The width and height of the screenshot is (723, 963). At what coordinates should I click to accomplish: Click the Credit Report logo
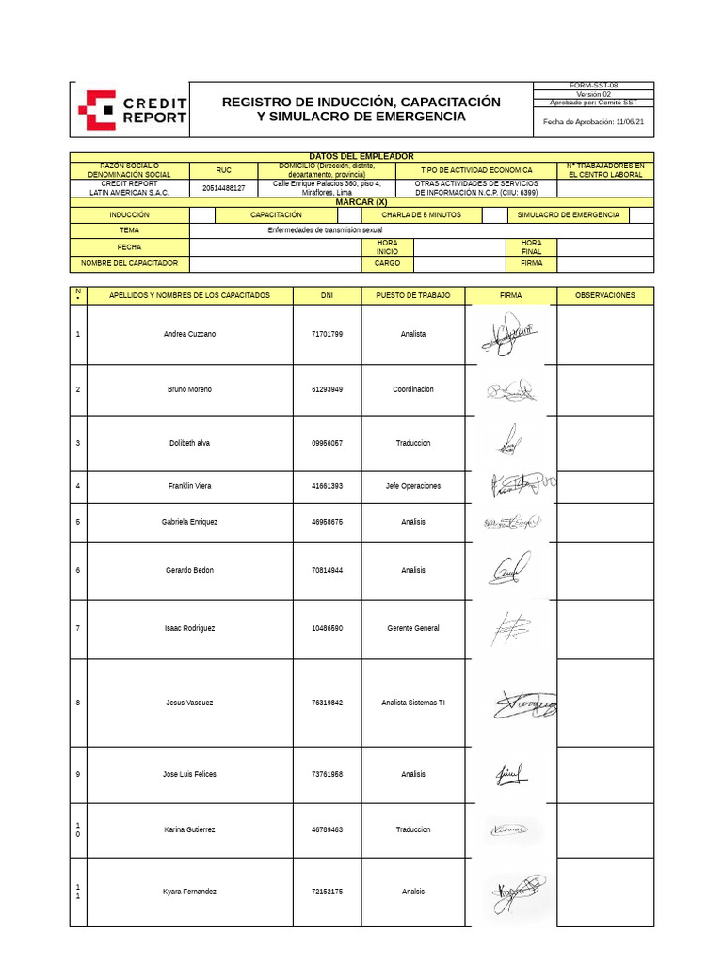pyautogui.click(x=132, y=110)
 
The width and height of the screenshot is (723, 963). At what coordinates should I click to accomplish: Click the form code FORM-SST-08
pyautogui.click(x=593, y=86)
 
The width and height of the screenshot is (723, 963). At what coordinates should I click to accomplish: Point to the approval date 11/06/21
pyautogui.click(x=630, y=121)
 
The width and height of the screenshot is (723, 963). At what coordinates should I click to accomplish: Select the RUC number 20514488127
pyautogui.click(x=223, y=187)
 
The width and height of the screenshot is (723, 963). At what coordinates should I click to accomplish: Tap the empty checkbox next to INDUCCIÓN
pyautogui.click(x=201, y=215)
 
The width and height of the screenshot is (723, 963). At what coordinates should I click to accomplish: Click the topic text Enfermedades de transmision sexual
pyautogui.click(x=325, y=229)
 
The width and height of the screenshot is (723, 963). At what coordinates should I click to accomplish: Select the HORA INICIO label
pyautogui.click(x=388, y=247)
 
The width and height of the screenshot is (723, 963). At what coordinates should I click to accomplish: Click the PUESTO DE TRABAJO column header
pyautogui.click(x=412, y=295)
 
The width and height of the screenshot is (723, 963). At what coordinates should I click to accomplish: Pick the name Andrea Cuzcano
pyautogui.click(x=189, y=335)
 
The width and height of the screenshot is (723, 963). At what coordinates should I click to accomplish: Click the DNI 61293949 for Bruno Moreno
pyautogui.click(x=327, y=389)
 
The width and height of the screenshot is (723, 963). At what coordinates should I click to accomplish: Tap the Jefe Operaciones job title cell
pyautogui.click(x=412, y=486)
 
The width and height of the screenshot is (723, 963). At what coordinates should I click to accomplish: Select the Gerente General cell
pyautogui.click(x=412, y=628)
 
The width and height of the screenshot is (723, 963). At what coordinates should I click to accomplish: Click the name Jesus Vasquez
pyautogui.click(x=189, y=703)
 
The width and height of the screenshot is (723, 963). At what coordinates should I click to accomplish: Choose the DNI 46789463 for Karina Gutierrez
pyautogui.click(x=327, y=829)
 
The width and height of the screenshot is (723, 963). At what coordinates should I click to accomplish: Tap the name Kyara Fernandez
pyautogui.click(x=189, y=892)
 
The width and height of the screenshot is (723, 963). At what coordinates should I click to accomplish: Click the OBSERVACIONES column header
pyautogui.click(x=604, y=295)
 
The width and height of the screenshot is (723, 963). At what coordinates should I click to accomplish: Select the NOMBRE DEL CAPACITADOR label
pyautogui.click(x=129, y=264)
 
